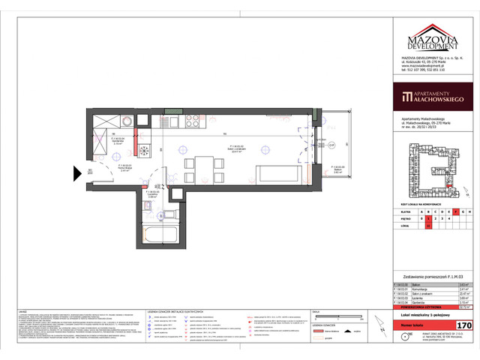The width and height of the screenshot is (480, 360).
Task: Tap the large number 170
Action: [464, 325]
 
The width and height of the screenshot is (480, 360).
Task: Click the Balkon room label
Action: [338, 167]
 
